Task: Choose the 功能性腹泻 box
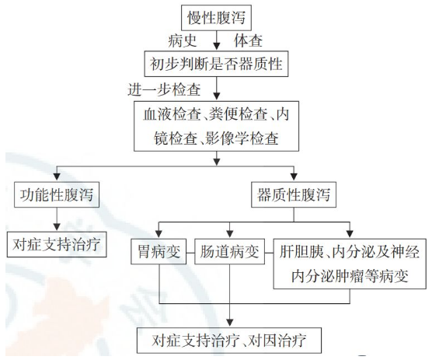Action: (x=58, y=195)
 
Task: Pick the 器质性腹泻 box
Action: (x=293, y=195)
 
